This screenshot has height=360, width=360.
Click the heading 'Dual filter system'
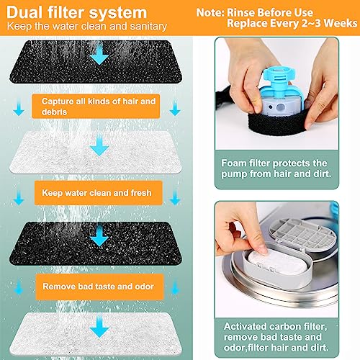click(76, 12)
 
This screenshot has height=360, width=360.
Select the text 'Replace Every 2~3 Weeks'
click(292, 24)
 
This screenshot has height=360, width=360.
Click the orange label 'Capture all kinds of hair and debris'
click(96, 107)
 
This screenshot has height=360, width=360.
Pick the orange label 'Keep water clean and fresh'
click(99, 193)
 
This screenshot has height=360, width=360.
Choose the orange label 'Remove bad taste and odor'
click(99, 287)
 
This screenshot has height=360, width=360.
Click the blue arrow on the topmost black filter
click(99, 55)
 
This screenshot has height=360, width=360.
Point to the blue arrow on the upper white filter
click(99, 145)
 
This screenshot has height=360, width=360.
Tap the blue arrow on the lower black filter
click(99, 236)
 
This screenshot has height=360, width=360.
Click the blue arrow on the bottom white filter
click(99, 327)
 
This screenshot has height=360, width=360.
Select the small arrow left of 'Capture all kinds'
click(19, 109)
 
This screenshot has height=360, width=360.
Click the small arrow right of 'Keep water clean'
click(175, 198)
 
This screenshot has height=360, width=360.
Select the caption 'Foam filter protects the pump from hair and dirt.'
click(276, 168)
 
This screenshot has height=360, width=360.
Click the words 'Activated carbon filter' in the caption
click(275, 326)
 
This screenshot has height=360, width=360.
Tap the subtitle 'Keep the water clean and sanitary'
click(87, 26)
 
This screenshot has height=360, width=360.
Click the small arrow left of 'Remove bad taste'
click(19, 287)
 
